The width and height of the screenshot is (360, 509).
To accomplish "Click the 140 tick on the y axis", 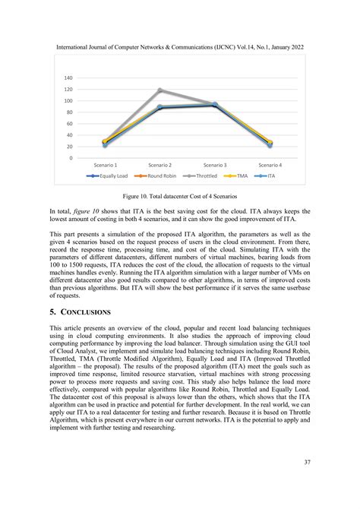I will (68, 78).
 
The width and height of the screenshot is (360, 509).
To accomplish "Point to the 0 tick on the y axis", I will (70, 158).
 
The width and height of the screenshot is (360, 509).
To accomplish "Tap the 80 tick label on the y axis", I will (68, 112).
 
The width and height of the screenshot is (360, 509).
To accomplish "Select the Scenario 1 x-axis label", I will (105, 165).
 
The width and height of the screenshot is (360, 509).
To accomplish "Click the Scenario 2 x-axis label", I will (159, 165).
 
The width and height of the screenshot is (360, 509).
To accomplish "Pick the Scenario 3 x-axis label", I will (215, 165).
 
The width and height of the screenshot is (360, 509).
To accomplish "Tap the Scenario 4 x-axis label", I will (270, 165).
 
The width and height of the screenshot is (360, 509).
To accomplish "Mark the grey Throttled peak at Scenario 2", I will (159, 90).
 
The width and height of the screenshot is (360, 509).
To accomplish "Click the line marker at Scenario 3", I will (215, 105).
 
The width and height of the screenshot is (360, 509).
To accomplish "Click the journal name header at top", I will (180, 47).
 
